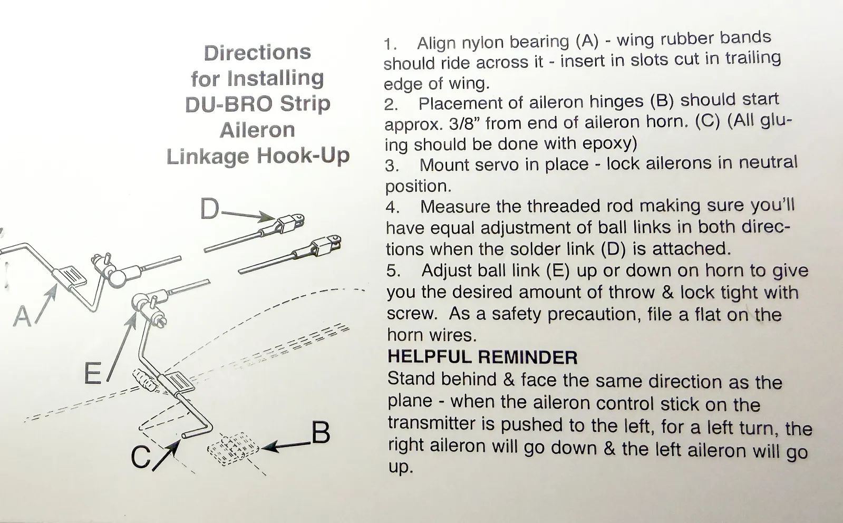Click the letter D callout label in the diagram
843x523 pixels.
point(209,209)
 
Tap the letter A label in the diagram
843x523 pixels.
point(23,316)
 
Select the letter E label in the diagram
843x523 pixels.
point(93,374)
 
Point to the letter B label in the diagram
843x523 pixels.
point(321,433)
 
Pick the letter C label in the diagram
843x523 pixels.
point(141,457)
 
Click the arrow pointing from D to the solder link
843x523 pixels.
point(248,215)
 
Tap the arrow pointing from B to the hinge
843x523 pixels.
point(285,446)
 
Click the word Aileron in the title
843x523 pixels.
point(257,130)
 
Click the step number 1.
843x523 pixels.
point(390,44)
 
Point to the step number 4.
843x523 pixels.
point(392,207)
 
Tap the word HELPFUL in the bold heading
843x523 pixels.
point(428,357)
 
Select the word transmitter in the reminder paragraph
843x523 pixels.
point(441,423)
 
